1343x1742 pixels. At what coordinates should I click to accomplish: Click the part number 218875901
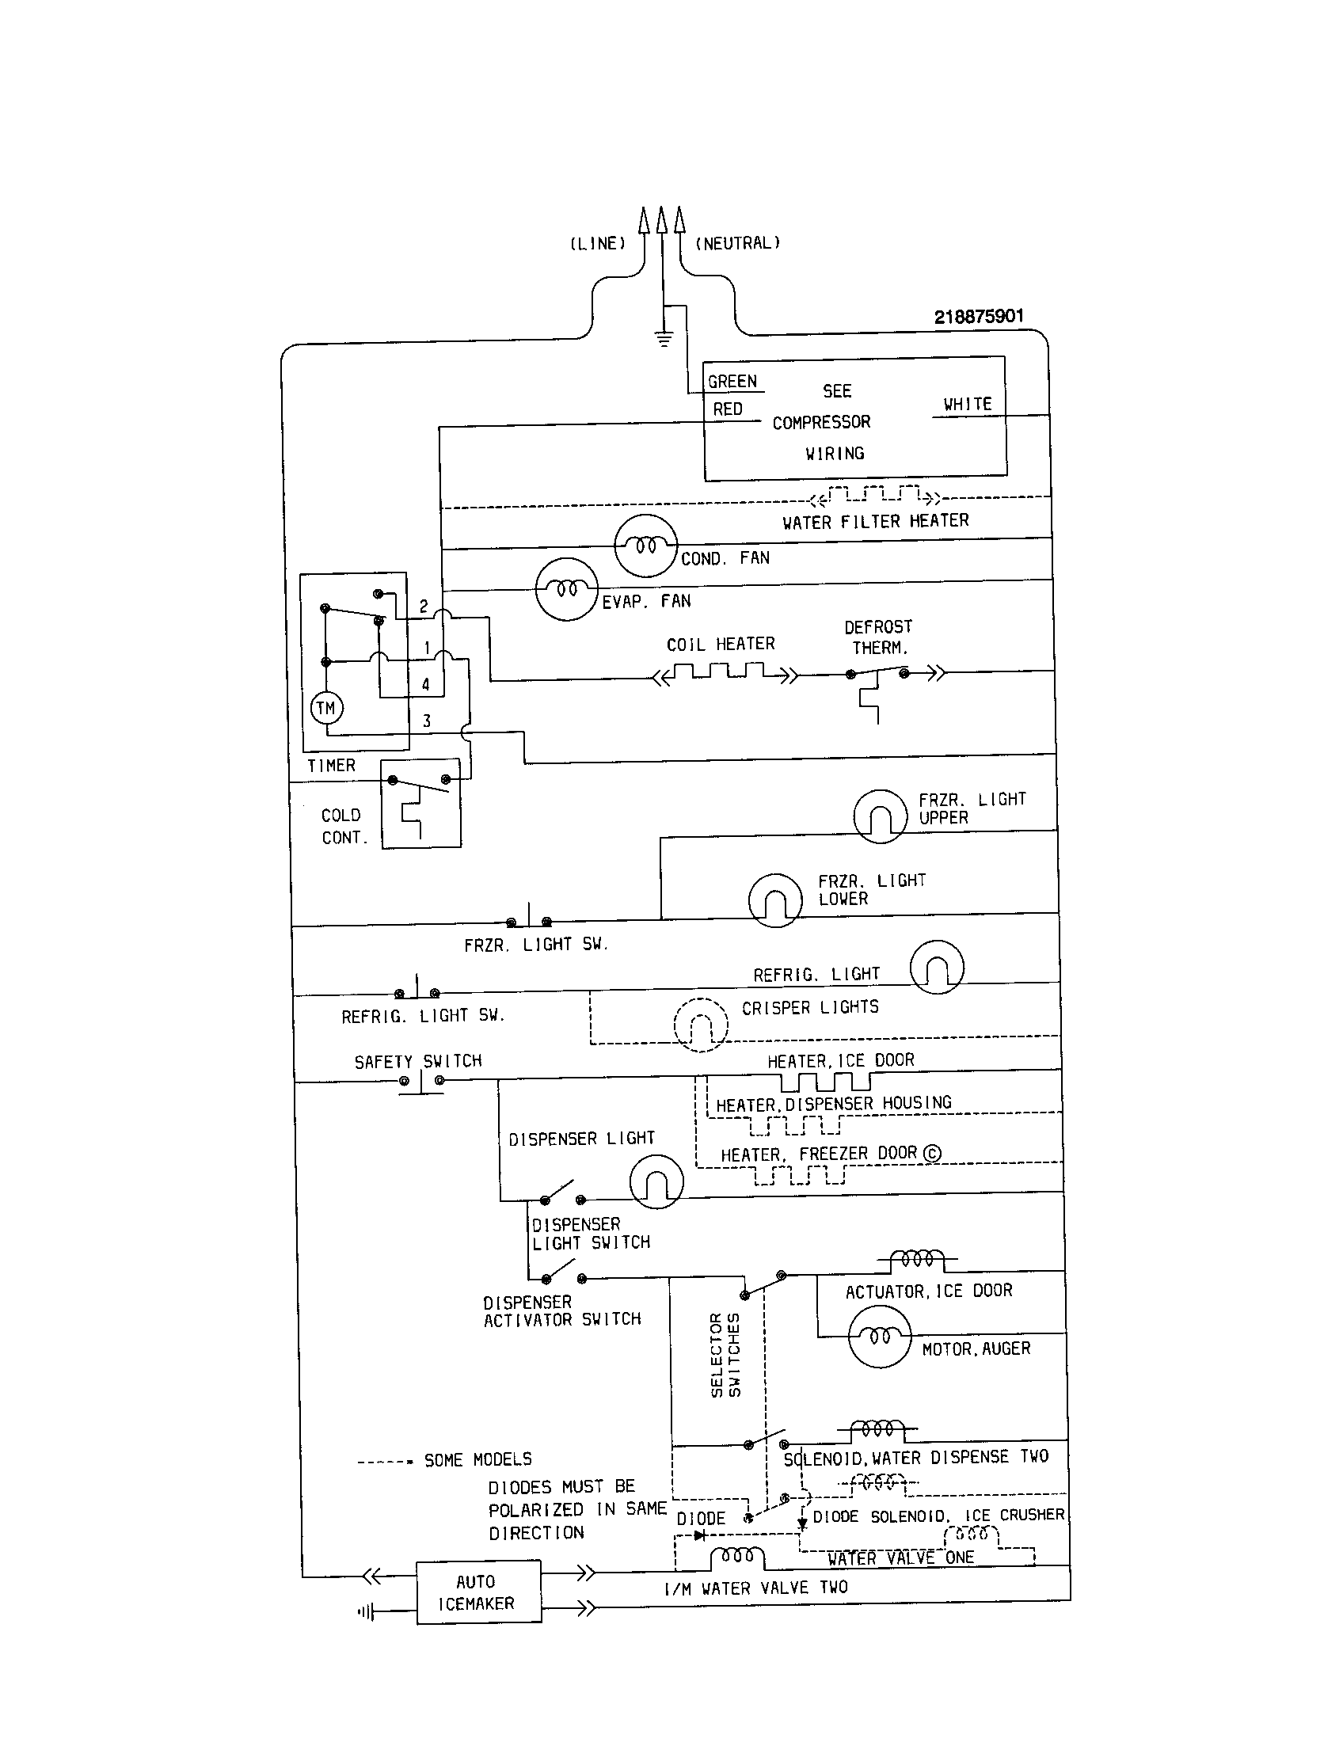coord(979,317)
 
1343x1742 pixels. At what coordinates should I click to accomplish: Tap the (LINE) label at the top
coord(597,243)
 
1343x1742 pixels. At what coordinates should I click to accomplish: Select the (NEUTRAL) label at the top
coord(738,243)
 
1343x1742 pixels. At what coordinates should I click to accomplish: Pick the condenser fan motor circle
coord(645,546)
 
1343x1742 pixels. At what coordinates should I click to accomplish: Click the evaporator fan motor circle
coord(566,589)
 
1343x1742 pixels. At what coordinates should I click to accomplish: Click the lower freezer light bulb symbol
coord(774,900)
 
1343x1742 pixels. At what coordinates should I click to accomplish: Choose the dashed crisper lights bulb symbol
coord(701,1024)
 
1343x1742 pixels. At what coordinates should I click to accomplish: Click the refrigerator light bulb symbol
coord(936,967)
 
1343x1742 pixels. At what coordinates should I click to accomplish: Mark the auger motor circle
coord(879,1337)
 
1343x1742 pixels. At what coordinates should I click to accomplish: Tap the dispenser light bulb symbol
coord(656,1181)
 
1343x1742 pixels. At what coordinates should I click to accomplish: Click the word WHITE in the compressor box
coord(968,405)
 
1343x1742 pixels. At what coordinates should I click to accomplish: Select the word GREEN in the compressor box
coord(732,382)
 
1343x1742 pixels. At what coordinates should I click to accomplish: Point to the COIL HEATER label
coord(720,644)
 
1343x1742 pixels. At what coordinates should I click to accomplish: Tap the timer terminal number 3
coord(427,721)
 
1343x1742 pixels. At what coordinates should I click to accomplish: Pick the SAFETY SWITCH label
coord(418,1062)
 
